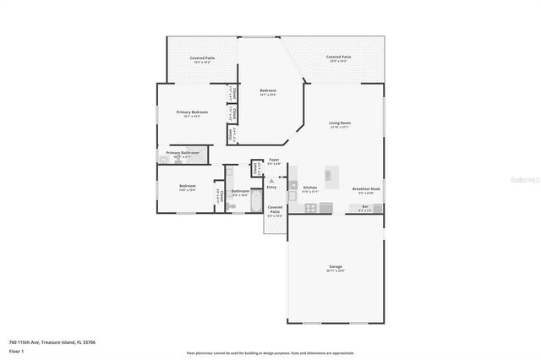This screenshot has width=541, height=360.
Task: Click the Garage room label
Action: (336, 266)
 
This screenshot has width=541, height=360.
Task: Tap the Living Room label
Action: (340, 123)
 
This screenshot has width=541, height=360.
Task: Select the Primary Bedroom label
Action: (192, 112)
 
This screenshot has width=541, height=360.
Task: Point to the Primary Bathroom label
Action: (183, 153)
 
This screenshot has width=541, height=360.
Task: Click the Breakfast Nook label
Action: (366, 188)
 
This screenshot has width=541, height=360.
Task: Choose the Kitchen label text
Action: (310, 188)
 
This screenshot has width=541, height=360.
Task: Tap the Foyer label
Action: (274, 160)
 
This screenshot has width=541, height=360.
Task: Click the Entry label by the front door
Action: (271, 187)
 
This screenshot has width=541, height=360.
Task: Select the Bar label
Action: (365, 207)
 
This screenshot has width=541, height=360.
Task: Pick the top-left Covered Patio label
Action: (202, 58)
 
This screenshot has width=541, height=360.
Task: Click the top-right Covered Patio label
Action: (340, 57)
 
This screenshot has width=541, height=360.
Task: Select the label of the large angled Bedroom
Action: (268, 90)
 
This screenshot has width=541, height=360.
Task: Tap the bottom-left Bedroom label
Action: (187, 186)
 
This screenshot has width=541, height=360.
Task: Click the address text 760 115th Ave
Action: (41, 342)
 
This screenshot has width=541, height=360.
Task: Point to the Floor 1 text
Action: (15, 351)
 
